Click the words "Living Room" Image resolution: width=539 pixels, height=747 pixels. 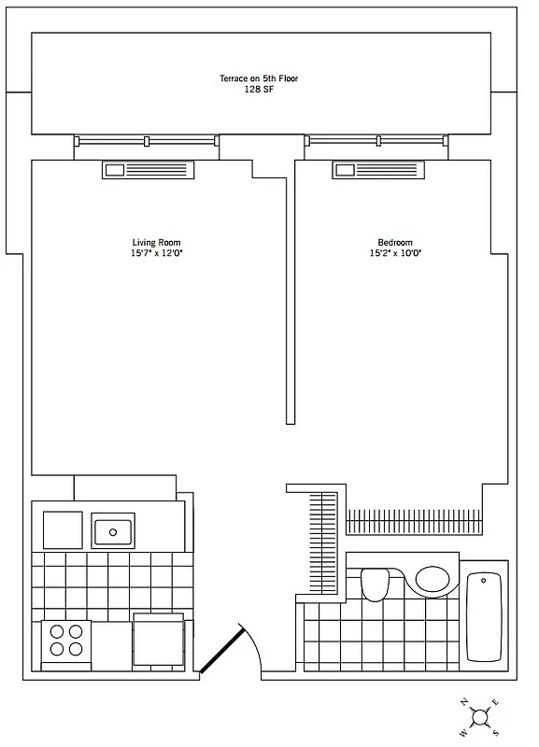(156, 243)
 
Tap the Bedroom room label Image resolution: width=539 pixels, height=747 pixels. (389, 243)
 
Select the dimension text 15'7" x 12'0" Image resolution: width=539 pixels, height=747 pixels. (156, 254)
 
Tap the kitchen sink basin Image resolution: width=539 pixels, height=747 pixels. (113, 531)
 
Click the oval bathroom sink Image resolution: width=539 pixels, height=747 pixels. (432, 579)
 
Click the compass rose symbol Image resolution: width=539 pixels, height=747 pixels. (480, 716)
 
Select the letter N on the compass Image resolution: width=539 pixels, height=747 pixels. (463, 700)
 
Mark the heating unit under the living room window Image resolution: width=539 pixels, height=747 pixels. (149, 170)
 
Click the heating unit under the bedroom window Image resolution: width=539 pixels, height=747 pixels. (377, 170)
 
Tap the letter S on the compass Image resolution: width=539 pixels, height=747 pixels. (497, 732)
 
